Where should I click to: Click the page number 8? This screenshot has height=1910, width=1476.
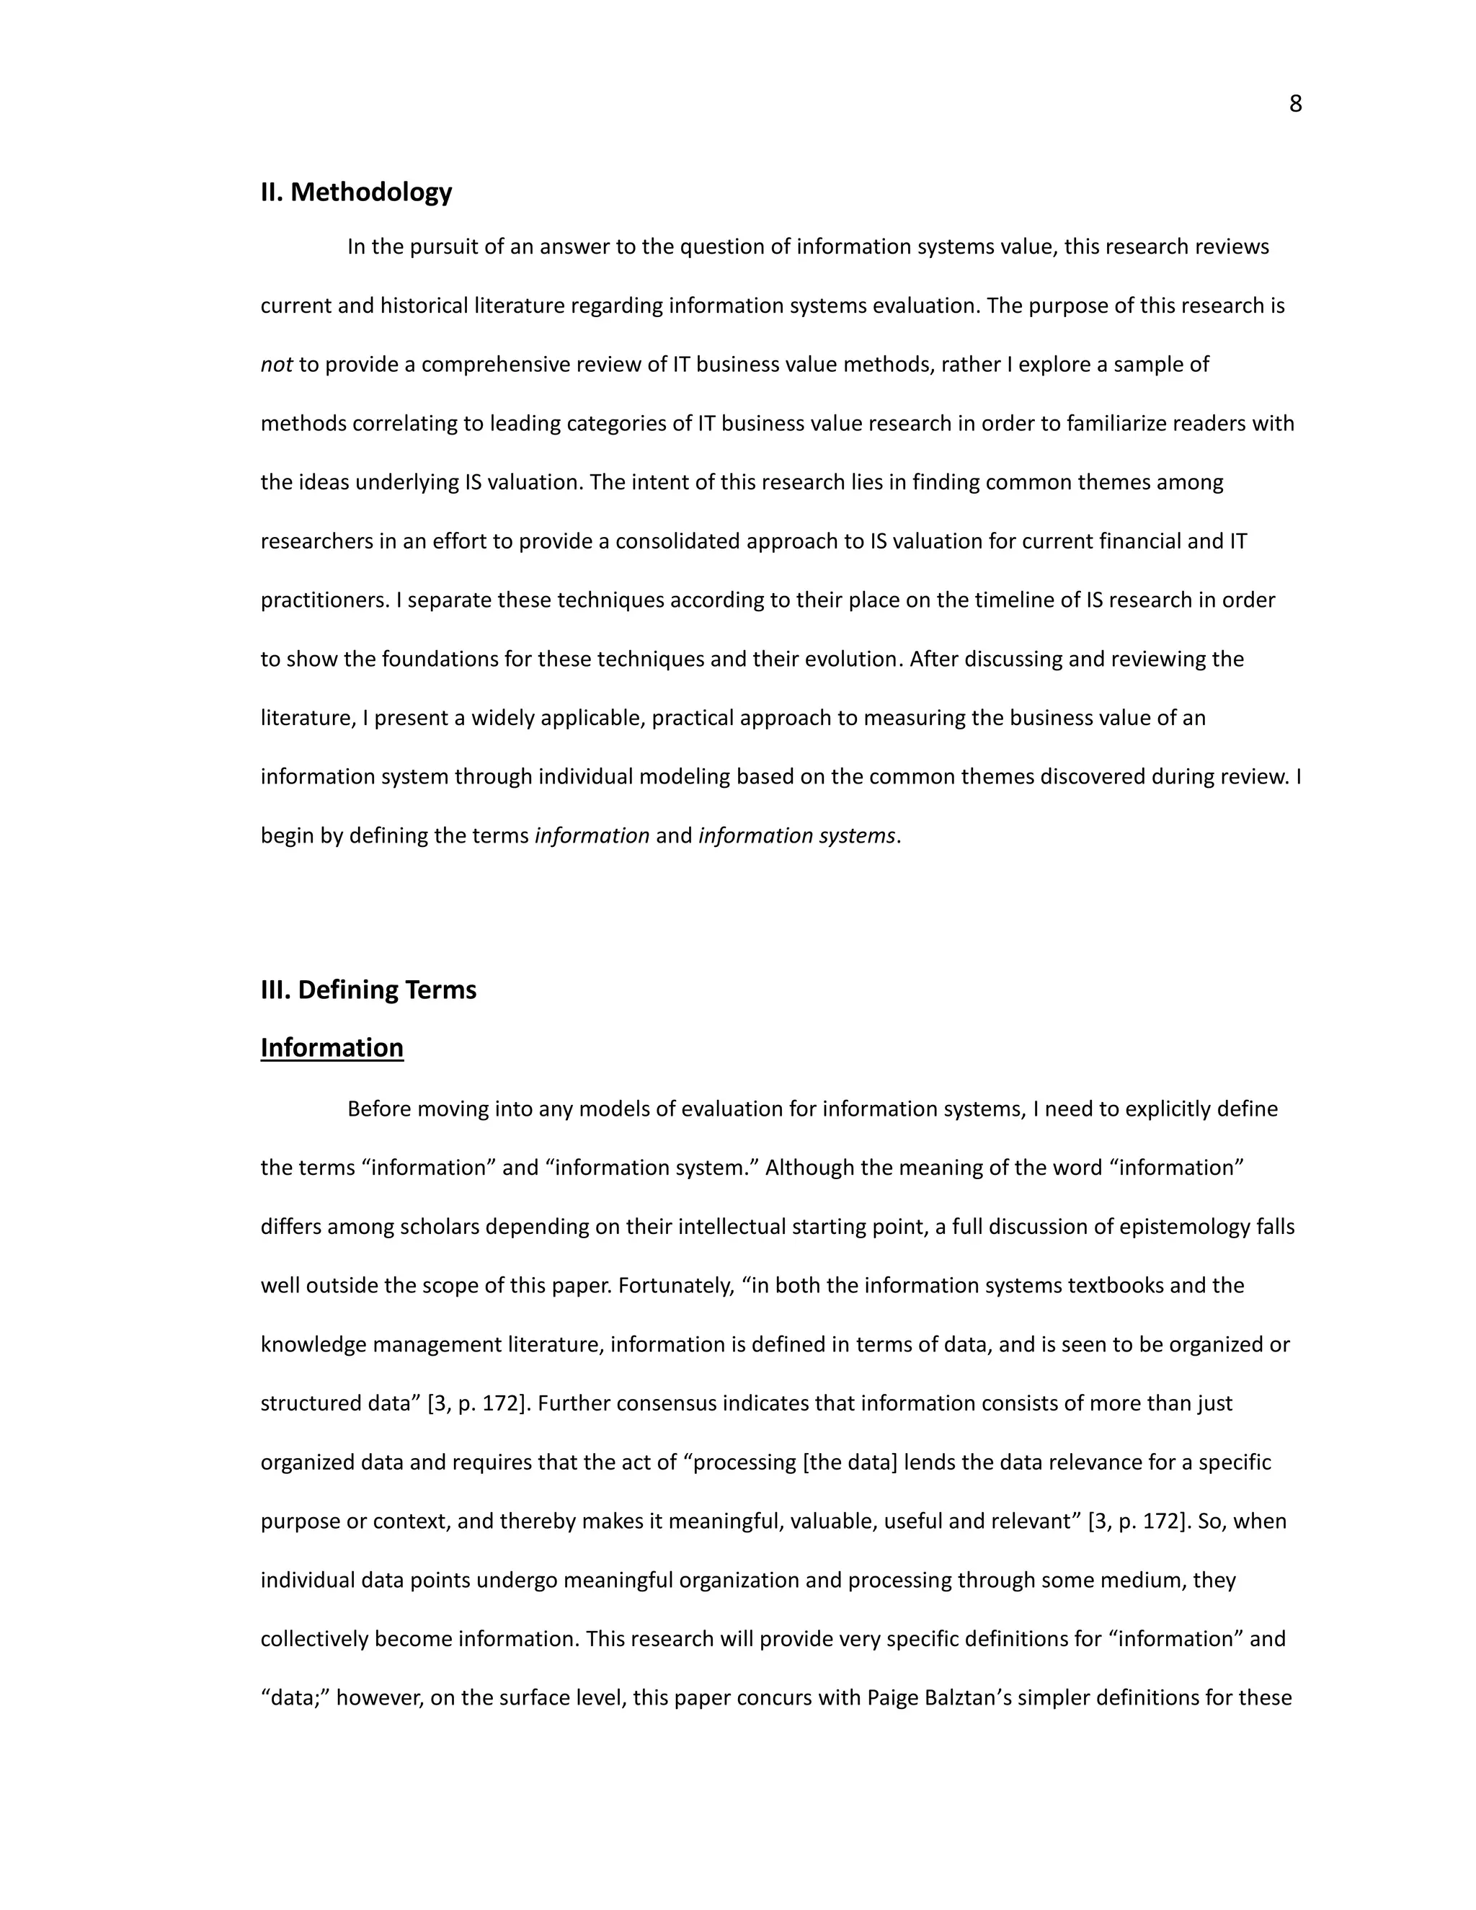pyautogui.click(x=1295, y=104)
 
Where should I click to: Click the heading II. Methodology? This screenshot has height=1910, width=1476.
pyautogui.click(x=356, y=192)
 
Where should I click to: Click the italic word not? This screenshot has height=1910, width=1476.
pyautogui.click(x=275, y=365)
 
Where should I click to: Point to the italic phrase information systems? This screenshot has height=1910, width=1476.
pyautogui.click(x=796, y=835)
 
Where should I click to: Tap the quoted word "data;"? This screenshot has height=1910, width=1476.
pyautogui.click(x=294, y=1697)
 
